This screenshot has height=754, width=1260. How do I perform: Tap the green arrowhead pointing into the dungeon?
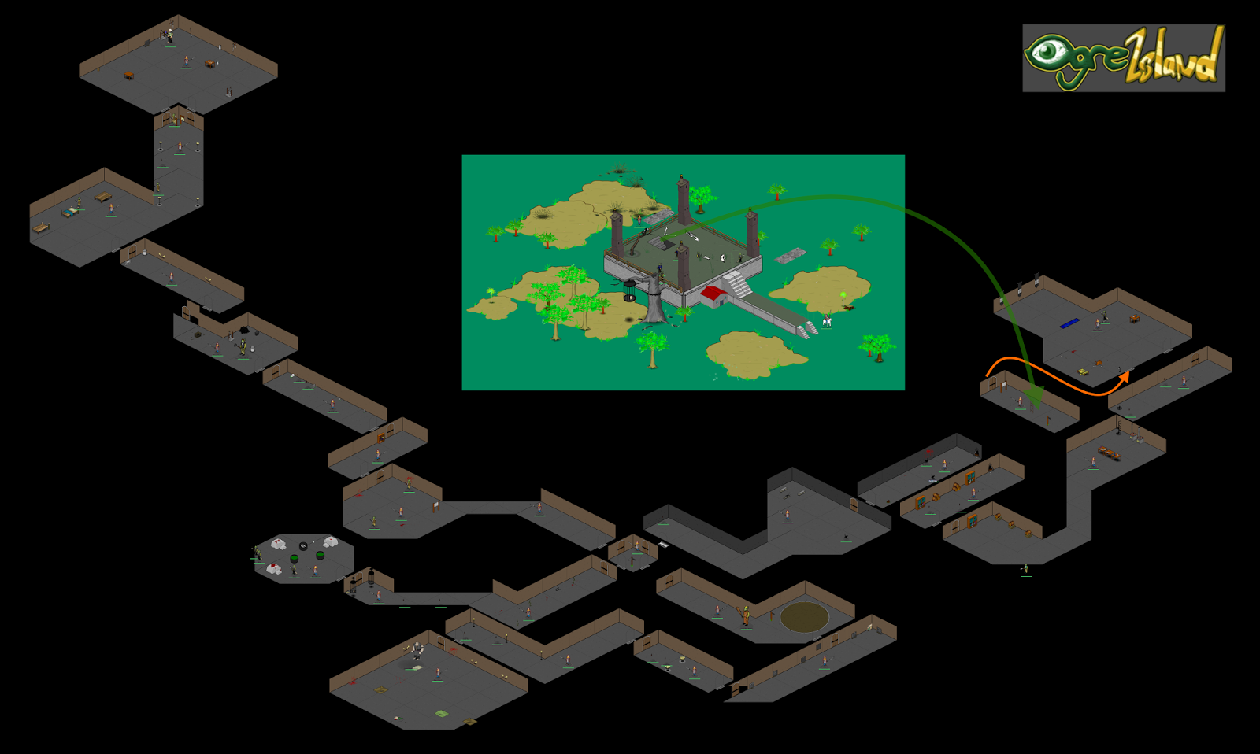point(1036,397)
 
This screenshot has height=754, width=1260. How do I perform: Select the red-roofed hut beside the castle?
point(713,294)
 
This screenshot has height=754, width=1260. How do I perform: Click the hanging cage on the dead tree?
point(629,290)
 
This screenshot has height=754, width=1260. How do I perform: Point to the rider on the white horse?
point(827,320)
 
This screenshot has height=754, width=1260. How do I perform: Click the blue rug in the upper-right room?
point(1069,323)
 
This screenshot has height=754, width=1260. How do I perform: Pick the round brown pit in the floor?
point(804,617)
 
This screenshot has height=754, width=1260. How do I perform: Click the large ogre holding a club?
point(745,615)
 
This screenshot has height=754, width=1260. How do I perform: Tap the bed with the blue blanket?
point(70,211)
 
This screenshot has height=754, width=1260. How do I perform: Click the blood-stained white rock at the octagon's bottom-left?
point(273,568)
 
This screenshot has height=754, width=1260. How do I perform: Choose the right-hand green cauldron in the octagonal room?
point(320,555)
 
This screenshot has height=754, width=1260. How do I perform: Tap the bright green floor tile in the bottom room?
point(441,714)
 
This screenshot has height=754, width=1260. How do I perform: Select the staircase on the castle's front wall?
point(739,284)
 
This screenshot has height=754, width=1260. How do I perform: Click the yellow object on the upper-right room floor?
point(1083,371)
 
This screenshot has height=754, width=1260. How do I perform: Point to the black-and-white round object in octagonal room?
point(303,545)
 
